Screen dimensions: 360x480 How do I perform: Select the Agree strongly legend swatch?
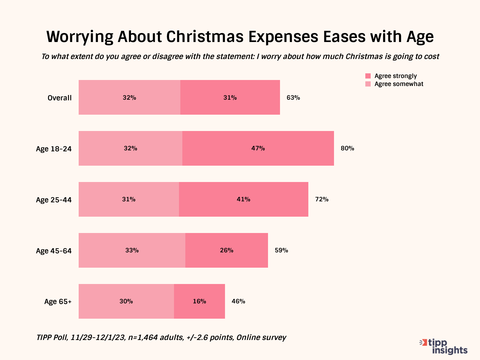click(368, 76)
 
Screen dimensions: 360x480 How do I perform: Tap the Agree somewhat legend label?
click(399, 84)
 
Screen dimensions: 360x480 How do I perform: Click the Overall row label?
click(60, 98)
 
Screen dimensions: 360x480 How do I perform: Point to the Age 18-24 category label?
click(54, 149)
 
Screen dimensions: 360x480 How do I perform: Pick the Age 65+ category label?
click(58, 302)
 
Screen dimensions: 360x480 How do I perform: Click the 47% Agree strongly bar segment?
click(258, 148)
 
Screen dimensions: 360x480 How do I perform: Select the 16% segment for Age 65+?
click(199, 301)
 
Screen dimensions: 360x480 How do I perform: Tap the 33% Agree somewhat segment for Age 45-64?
click(132, 250)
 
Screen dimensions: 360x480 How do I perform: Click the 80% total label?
click(347, 148)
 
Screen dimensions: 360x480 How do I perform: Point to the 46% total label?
click(238, 301)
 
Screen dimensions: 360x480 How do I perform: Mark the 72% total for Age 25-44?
click(322, 199)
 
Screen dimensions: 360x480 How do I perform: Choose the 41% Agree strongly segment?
click(243, 199)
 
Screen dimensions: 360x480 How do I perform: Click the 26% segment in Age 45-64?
click(227, 250)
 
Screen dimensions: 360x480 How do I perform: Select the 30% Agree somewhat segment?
click(126, 301)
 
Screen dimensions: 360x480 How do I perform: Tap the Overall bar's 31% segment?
click(230, 98)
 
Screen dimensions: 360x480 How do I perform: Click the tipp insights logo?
click(444, 347)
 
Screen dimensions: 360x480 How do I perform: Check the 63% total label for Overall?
click(293, 98)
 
